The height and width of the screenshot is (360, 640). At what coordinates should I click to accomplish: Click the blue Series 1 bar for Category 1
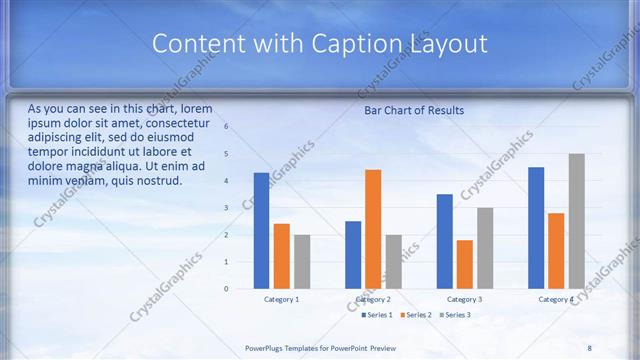tap(261, 231)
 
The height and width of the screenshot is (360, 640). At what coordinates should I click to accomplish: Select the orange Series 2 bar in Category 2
tap(373, 229)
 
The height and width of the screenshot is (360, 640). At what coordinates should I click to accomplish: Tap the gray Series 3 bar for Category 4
tap(576, 221)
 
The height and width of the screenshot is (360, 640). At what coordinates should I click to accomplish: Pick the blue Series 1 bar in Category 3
tap(444, 241)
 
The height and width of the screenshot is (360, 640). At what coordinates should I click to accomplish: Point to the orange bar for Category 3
tap(464, 264)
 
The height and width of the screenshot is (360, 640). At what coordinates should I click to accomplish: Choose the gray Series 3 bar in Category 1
tap(302, 262)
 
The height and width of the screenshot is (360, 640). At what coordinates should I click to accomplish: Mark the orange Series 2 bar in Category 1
tap(282, 256)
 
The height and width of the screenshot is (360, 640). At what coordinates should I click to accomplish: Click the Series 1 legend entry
tap(375, 315)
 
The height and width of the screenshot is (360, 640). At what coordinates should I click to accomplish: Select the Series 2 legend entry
tap(416, 315)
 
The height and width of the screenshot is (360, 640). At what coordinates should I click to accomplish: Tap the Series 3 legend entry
tap(456, 315)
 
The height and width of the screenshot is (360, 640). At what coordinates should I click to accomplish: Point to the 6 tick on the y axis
tap(226, 127)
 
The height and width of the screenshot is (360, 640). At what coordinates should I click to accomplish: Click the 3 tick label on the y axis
tap(226, 208)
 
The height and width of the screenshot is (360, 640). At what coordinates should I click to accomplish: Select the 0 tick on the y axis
tap(226, 289)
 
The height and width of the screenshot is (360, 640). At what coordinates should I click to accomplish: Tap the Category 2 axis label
tap(373, 299)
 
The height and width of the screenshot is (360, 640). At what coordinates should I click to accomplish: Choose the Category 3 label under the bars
tap(464, 299)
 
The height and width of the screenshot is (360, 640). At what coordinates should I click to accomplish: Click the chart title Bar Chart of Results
tap(413, 110)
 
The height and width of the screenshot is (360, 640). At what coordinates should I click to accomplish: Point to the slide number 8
tap(589, 348)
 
